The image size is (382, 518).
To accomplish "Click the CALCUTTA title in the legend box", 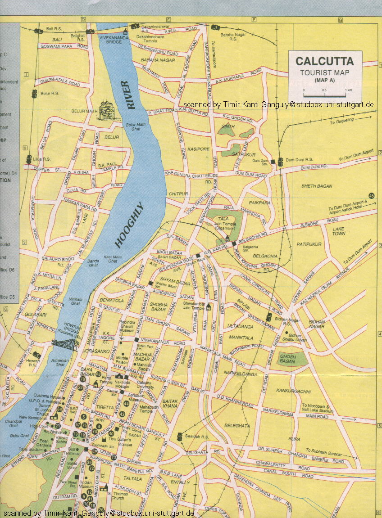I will [324, 61].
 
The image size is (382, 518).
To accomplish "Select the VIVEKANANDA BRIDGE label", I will [111, 38].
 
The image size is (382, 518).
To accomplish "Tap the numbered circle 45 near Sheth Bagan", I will [371, 195].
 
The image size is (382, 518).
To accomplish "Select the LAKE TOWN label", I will [339, 231].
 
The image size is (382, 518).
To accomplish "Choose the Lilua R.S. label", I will [41, 159].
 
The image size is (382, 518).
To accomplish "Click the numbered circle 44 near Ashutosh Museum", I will [126, 404].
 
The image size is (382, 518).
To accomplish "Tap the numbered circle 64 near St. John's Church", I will [59, 409].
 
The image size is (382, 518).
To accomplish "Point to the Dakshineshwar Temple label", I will [147, 38].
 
